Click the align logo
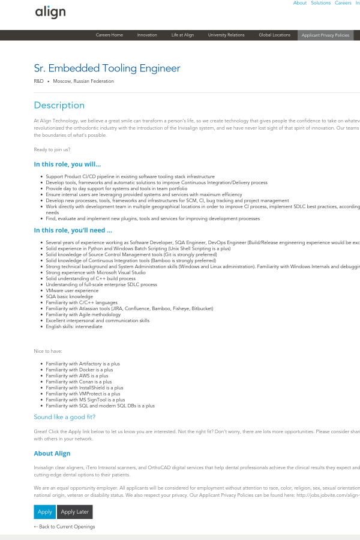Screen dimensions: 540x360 pyautogui.click(x=50, y=12)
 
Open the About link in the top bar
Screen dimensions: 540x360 pyautogui.click(x=299, y=3)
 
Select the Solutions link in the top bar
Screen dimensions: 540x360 pyautogui.click(x=320, y=3)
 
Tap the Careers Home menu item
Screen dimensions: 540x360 pyautogui.click(x=109, y=35)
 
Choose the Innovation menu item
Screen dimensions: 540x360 pyautogui.click(x=147, y=35)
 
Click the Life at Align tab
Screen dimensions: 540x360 pyautogui.click(x=182, y=35)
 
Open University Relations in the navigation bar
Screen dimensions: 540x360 pyautogui.click(x=226, y=35)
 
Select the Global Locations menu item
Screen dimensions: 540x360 pyautogui.click(x=274, y=35)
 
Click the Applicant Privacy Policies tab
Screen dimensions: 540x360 pyautogui.click(x=325, y=35)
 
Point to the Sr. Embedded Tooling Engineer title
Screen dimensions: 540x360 pyautogui.click(x=107, y=68)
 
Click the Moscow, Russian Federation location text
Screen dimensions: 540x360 pyautogui.click(x=83, y=81)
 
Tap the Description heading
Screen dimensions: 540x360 pyautogui.click(x=59, y=105)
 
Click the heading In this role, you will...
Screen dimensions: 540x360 pyautogui.click(x=67, y=164)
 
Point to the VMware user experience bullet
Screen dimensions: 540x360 pyautogui.click(x=72, y=290)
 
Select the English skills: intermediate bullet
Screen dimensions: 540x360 pyautogui.click(x=74, y=326)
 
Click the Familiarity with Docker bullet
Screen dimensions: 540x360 pyautogui.click(x=79, y=370)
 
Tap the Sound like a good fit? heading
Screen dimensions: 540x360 pyautogui.click(x=64, y=417)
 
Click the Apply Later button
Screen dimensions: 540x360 pyautogui.click(x=75, y=512)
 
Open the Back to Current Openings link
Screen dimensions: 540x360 pyautogui.click(x=64, y=527)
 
